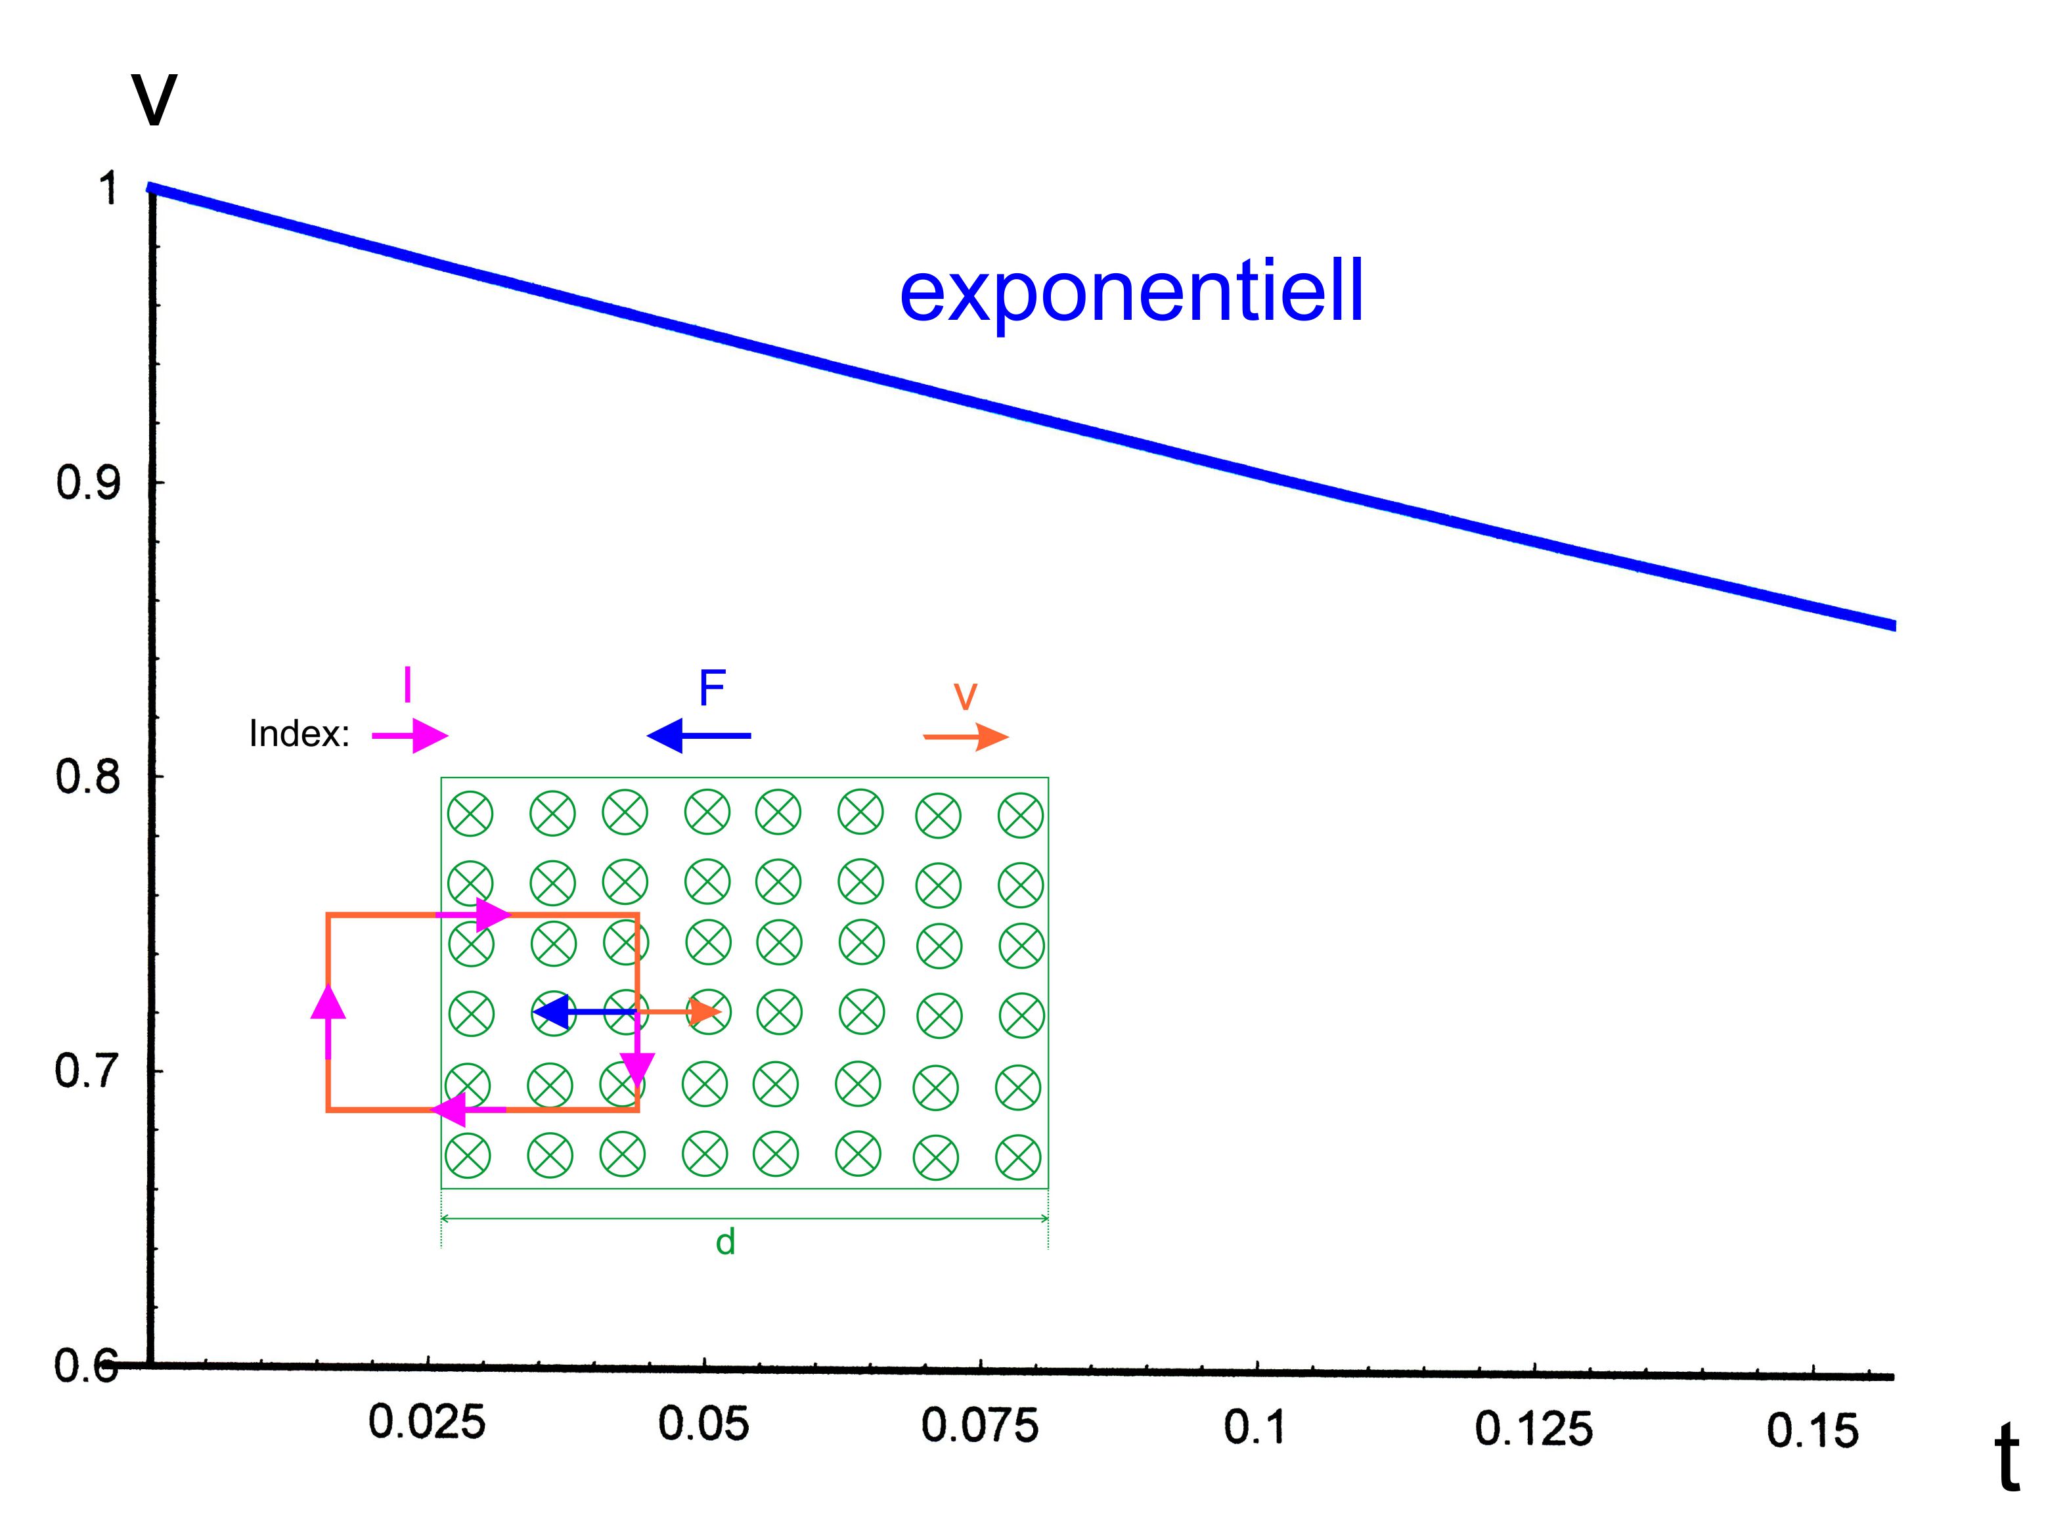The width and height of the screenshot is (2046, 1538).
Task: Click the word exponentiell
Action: coord(1131,292)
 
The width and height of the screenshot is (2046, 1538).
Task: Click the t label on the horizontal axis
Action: coord(2005,1459)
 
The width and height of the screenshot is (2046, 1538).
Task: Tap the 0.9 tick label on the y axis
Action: coord(88,483)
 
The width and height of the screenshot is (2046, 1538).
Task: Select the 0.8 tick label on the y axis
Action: coord(88,776)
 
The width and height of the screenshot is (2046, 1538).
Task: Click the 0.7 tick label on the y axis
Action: coord(88,1071)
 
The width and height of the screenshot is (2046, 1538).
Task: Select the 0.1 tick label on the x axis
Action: coord(1255,1428)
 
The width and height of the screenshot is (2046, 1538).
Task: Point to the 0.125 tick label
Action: coord(1534,1430)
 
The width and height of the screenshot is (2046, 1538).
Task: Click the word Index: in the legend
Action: coord(300,734)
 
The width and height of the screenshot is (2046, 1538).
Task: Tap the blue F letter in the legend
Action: coord(711,688)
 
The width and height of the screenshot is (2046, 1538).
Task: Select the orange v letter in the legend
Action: coord(965,695)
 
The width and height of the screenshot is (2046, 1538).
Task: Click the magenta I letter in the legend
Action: coord(407,686)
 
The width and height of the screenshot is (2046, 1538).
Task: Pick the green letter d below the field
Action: coord(725,1242)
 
